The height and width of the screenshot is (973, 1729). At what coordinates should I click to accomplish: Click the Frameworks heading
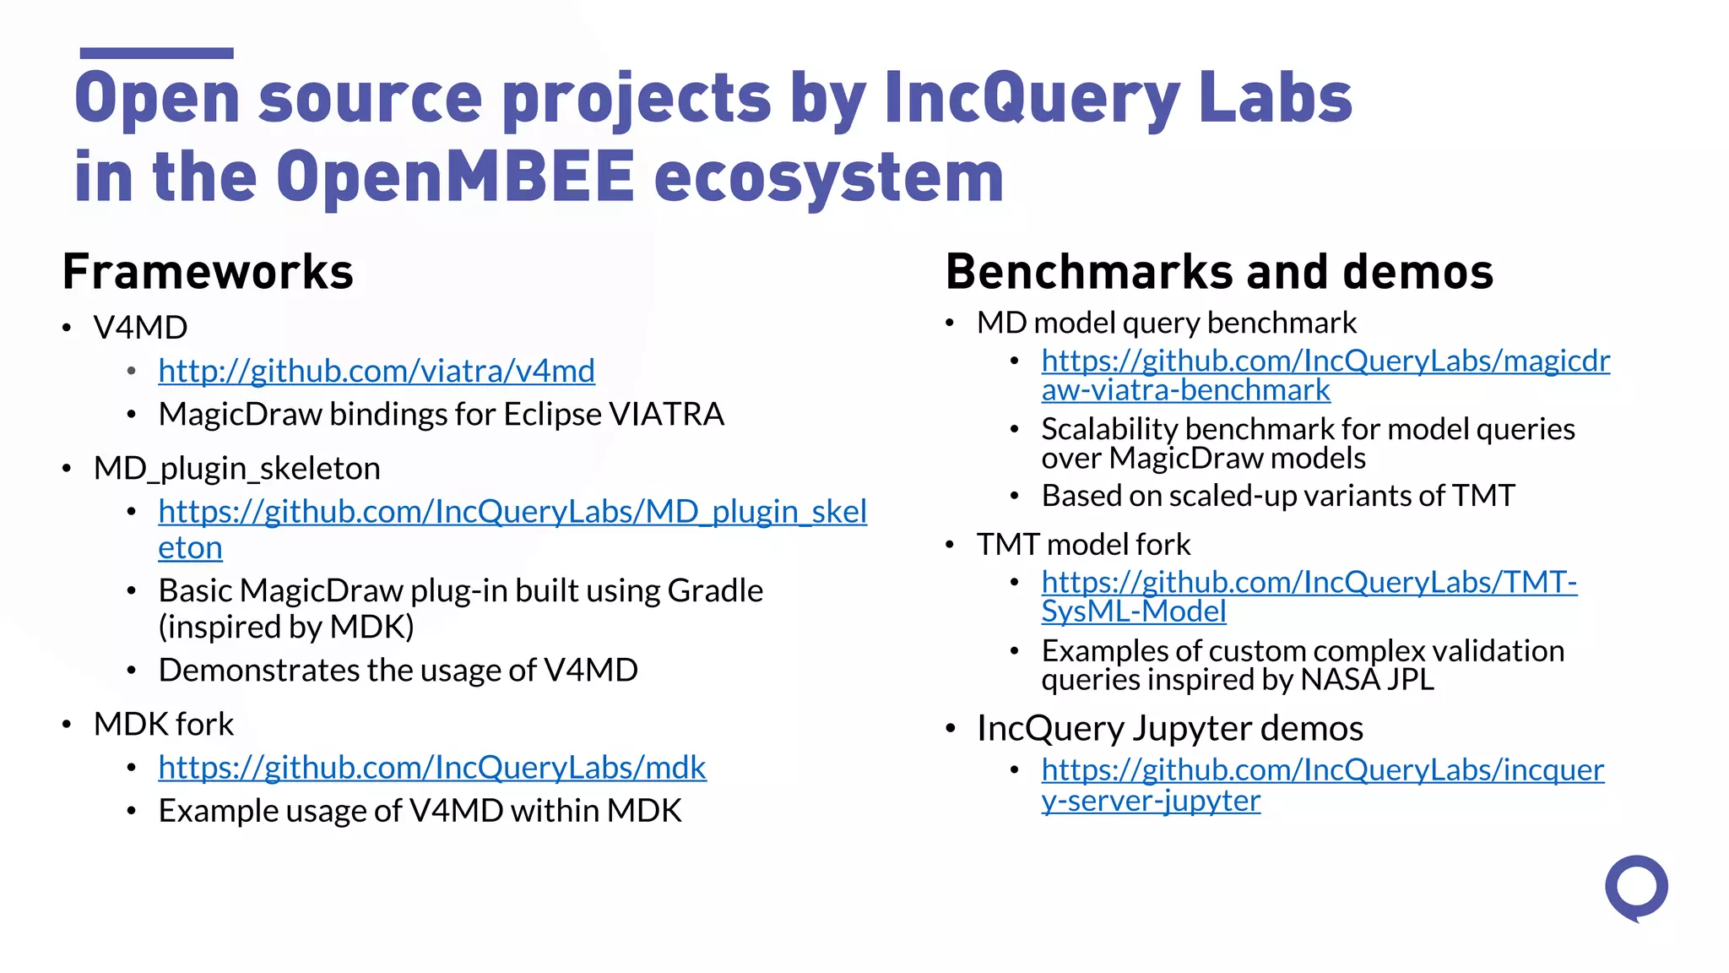208,272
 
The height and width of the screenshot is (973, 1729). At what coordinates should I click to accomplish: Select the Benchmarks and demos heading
1219,272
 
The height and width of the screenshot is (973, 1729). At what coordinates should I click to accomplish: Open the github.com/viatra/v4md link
377,371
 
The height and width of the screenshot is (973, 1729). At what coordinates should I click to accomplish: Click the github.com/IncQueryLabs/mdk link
432,768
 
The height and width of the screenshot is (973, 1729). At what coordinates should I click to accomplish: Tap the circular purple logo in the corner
1636,888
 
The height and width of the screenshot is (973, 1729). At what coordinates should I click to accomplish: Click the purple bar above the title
156,53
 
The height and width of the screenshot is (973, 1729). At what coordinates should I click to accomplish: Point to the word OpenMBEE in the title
455,177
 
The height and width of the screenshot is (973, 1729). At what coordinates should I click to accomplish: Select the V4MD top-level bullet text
140,328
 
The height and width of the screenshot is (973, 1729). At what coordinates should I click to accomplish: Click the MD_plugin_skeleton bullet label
236,469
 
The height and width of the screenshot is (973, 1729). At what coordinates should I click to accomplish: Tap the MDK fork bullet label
164,725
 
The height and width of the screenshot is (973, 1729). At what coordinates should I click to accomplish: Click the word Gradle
715,591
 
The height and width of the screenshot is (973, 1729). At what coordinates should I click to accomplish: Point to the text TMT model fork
1083,545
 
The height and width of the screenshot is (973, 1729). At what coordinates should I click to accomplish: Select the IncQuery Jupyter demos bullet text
1169,728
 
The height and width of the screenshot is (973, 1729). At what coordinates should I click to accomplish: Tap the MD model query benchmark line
1166,323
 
